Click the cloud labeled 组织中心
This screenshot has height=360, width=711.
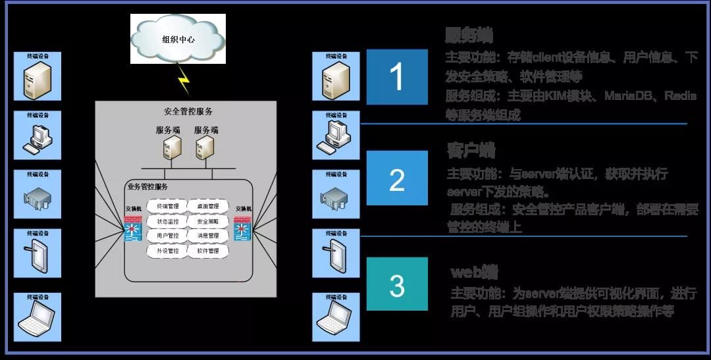178,39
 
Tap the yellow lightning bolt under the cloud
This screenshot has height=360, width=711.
184,82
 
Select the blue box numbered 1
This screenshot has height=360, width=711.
397,77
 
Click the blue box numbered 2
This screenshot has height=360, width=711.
397,178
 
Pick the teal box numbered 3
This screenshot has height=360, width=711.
397,284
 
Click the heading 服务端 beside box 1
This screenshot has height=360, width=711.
469,35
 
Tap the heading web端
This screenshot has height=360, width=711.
474,272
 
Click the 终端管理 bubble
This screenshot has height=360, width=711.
168,207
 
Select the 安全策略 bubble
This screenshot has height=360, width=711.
207,222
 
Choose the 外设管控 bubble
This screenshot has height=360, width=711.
168,251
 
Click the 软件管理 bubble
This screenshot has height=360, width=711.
207,251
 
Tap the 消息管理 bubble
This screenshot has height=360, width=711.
207,236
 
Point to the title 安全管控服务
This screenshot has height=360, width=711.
188,112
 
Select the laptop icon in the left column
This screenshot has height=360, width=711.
38,317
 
